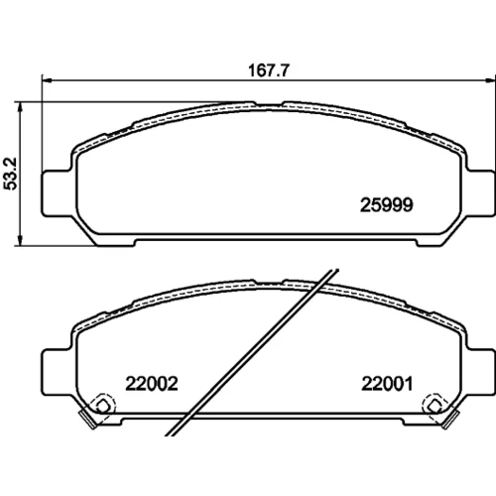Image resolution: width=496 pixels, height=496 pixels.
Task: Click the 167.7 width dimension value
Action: click(269, 70)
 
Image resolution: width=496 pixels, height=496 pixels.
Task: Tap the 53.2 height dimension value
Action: click(10, 174)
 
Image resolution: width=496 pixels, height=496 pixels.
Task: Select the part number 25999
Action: click(386, 205)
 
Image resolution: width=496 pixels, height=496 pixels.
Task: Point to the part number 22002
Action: click(152, 384)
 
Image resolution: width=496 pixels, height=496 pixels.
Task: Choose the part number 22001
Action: click(387, 384)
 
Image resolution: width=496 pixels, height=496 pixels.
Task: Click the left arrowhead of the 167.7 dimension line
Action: click(48, 80)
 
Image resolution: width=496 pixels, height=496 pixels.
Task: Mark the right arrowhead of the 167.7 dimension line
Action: click(490, 80)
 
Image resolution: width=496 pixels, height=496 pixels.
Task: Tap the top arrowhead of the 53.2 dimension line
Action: click(21, 107)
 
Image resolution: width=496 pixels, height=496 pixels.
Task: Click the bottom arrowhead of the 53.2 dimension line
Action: click(21, 240)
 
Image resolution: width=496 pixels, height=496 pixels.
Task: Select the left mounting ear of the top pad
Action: click(58, 193)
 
